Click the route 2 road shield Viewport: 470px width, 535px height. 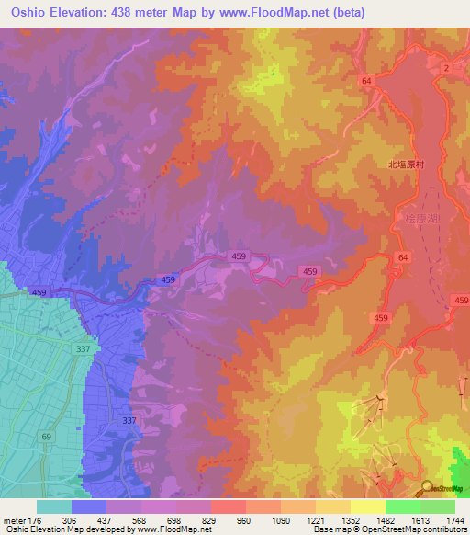pyautogui.click(x=444, y=69)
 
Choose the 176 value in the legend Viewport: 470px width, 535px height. pyautogui.click(x=33, y=519)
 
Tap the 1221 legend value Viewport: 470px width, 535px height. pyautogui.click(x=315, y=519)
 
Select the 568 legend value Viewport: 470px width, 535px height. pyautogui.click(x=140, y=519)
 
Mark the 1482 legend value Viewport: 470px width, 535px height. pyautogui.click(x=385, y=519)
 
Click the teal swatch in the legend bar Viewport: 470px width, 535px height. pyautogui.click(x=54, y=507)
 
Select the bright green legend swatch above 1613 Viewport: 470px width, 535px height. pyautogui.click(x=403, y=507)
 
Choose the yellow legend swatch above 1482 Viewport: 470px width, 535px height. pyautogui.click(x=368, y=507)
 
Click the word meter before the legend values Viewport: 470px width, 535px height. pyautogui.click(x=12, y=519)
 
